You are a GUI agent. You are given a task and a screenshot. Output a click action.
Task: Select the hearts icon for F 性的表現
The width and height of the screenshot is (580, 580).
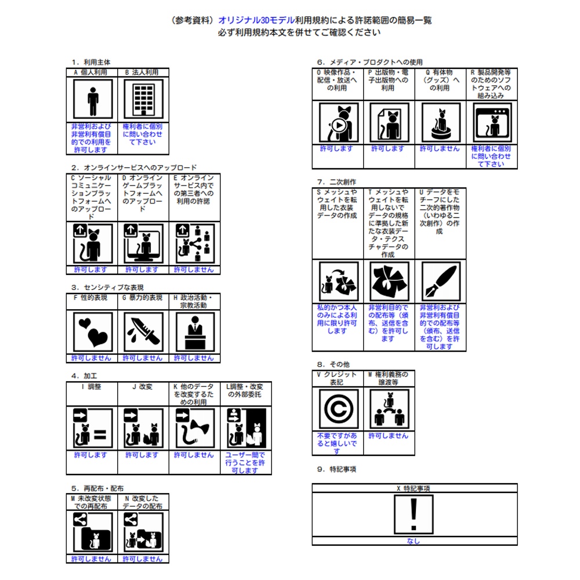click(x=93, y=331)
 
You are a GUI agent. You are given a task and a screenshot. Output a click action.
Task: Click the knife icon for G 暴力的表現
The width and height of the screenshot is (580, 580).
click(x=143, y=331)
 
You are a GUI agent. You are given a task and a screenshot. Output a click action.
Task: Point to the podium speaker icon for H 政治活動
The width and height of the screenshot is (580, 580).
click(x=194, y=331)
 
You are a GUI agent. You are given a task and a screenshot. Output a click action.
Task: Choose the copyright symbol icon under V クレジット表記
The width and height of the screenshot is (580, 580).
click(x=338, y=409)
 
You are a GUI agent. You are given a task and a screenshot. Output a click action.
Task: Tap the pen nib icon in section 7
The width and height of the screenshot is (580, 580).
click(x=440, y=281)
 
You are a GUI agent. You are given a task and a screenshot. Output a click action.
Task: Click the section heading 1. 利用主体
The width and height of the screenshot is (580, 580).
click(x=91, y=62)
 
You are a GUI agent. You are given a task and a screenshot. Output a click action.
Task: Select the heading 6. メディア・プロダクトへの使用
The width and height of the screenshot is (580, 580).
click(x=369, y=62)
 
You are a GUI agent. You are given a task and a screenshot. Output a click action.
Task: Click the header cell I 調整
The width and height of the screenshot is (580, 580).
click(x=92, y=387)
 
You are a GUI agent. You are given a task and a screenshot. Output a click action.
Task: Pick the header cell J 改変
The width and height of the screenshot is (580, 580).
click(x=143, y=387)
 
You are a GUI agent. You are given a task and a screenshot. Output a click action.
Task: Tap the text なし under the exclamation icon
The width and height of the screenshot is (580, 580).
click(x=414, y=541)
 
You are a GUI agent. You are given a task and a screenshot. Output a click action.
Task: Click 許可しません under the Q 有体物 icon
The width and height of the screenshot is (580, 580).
click(x=440, y=149)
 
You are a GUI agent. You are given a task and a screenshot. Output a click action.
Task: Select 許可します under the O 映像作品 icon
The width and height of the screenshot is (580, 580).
click(x=337, y=149)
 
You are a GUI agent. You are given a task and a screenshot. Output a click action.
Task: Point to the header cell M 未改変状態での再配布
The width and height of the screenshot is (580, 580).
click(x=92, y=502)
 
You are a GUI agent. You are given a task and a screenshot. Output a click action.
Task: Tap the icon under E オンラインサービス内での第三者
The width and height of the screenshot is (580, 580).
click(x=194, y=244)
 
